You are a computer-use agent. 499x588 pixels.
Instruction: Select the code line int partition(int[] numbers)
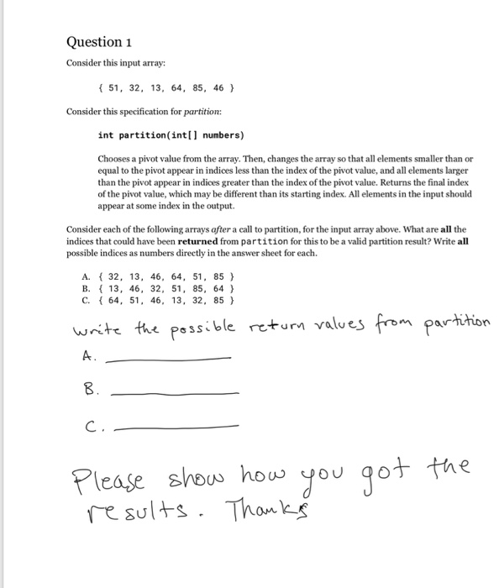tap(171, 134)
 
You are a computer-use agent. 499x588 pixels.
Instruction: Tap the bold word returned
tap(197, 239)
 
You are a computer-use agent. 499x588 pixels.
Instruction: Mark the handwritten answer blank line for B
tap(175, 392)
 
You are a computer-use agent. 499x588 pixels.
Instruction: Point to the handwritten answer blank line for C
tap(176, 427)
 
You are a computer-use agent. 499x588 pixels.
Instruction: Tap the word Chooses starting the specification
tap(116, 160)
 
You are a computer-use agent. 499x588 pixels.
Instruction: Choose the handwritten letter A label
tap(88, 357)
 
